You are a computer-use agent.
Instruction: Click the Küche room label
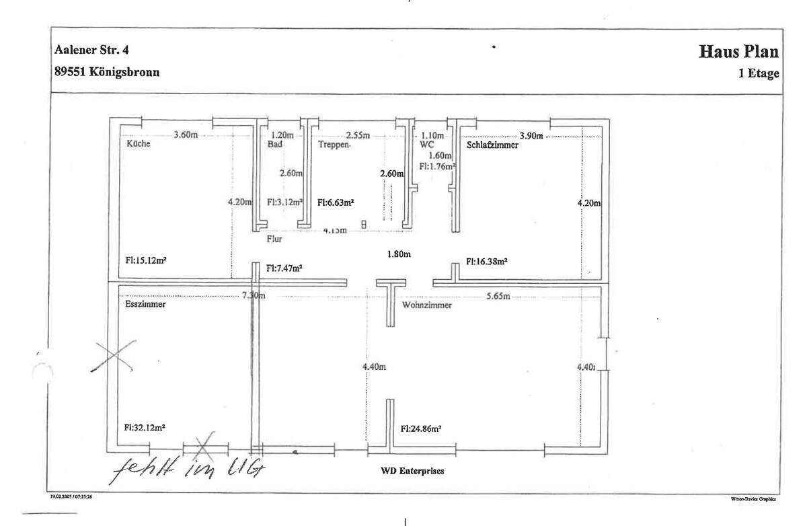point(137,144)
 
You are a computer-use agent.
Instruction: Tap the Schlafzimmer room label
point(492,144)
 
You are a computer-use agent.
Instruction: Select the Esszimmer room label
point(145,304)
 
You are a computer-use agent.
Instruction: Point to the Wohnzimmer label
point(426,305)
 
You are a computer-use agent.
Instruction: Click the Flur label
point(273,238)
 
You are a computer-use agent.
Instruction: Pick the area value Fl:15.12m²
point(145,261)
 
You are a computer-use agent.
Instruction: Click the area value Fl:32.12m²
point(145,427)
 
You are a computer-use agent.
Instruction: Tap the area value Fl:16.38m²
point(486,261)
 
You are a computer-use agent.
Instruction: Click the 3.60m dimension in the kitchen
point(186,135)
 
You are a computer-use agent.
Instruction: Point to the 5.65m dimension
point(498,296)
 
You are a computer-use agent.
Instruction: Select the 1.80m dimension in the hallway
point(398,254)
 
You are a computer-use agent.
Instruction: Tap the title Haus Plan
point(738,52)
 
